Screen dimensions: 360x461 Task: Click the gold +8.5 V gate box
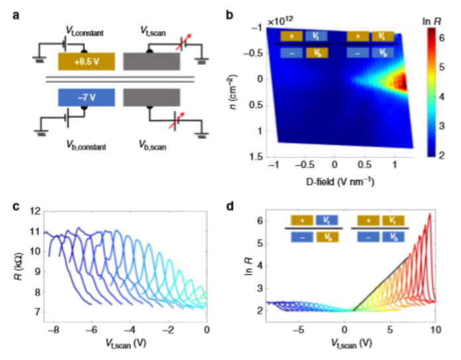tap(86, 61)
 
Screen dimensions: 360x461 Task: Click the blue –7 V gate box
tap(86, 97)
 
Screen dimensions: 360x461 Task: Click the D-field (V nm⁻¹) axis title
tap(341, 182)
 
